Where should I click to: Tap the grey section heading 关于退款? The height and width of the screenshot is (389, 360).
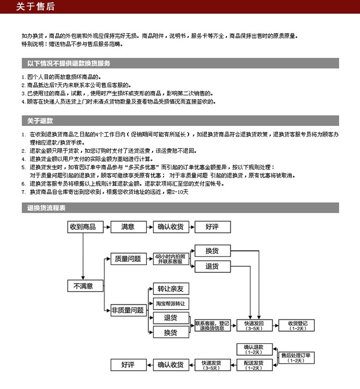pos(40,121)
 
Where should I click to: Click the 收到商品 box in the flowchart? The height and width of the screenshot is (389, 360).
pos(83,227)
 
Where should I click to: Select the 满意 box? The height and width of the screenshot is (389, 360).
pos(128,227)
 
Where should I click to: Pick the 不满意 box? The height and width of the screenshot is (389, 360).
pos(83,286)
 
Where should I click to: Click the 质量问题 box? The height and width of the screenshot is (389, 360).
pos(128,259)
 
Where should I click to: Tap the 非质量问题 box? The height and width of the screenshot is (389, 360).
pos(128,310)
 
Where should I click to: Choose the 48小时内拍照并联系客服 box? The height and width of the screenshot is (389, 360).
pos(170,258)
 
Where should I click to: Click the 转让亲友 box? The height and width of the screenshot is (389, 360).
pos(170,289)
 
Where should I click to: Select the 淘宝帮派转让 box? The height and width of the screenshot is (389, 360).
pos(170,304)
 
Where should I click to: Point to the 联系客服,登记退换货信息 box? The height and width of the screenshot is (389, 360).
pos(212,325)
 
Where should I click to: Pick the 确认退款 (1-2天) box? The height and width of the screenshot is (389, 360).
pos(254,348)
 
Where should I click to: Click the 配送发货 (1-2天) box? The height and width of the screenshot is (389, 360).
pos(253,365)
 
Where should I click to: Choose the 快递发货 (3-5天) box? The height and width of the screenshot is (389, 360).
pos(211,365)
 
